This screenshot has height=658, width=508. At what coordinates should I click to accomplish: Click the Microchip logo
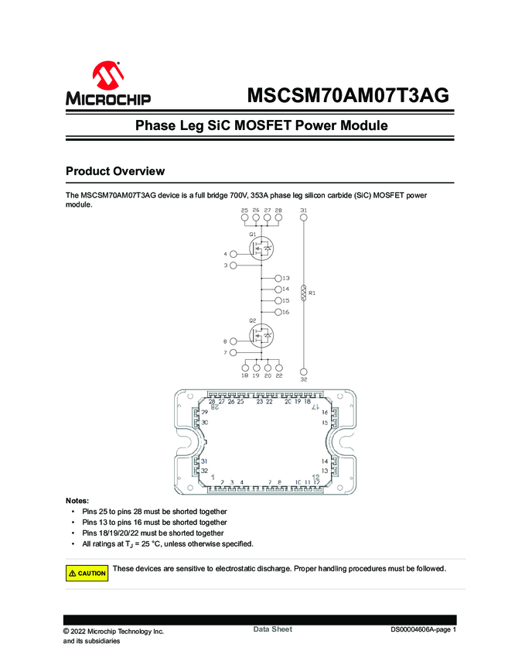click(x=107, y=84)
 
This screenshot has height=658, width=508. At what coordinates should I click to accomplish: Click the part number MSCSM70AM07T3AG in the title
click(x=347, y=95)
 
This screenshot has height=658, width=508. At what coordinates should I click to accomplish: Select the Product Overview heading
click(x=114, y=171)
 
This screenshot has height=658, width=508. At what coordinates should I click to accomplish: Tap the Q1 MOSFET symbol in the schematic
click(x=261, y=248)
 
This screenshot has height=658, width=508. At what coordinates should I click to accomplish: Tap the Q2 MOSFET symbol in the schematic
click(x=261, y=335)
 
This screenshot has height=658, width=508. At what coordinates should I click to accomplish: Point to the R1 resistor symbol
click(x=304, y=293)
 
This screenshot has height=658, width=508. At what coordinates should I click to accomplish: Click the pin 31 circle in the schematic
click(x=304, y=219)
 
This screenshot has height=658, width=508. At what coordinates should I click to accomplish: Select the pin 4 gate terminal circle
click(x=234, y=254)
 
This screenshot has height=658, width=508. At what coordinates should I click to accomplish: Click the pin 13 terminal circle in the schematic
click(x=278, y=277)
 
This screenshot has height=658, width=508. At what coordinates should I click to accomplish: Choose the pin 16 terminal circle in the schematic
click(x=278, y=312)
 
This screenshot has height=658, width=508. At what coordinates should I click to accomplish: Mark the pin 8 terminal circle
click(x=234, y=341)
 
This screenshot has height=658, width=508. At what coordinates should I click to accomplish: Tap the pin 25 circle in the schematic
click(x=245, y=219)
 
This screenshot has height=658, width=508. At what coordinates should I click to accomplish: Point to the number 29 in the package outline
click(x=205, y=413)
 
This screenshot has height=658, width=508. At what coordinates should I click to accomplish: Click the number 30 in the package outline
click(x=205, y=423)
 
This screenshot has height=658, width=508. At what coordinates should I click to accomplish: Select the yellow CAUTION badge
click(x=87, y=573)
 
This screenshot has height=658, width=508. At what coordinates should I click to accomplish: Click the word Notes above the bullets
click(x=77, y=501)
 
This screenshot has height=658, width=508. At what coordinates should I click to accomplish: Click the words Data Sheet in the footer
click(x=272, y=629)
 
